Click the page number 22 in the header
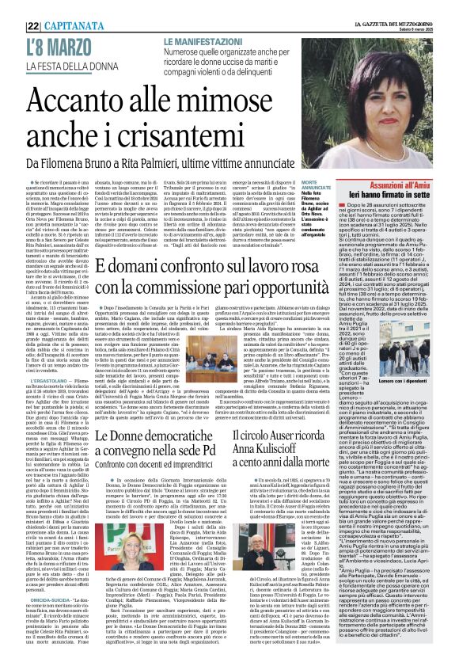point(11,8)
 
